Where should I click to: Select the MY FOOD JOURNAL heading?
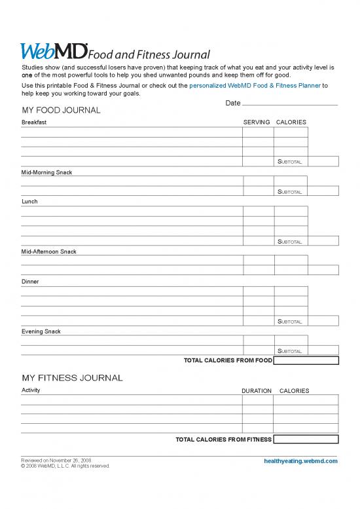tap(61, 110)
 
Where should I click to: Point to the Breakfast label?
tap(34, 123)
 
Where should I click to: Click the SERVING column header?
tap(257, 123)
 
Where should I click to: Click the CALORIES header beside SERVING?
tap(291, 123)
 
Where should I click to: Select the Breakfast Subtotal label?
tap(290, 162)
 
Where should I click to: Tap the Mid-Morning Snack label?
tap(46, 172)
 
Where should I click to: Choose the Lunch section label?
tap(29, 202)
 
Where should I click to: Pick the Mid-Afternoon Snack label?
tap(49, 252)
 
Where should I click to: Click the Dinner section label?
tap(30, 282)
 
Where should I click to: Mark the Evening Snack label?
tap(41, 331)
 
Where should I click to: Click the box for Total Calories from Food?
tap(306, 360)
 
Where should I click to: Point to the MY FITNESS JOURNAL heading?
tap(72, 378)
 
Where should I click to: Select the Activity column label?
tap(31, 390)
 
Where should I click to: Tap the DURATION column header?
tap(257, 391)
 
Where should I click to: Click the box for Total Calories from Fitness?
tap(306, 440)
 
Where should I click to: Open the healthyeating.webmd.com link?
tap(300, 461)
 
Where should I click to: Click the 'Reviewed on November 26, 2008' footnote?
tap(56, 461)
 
